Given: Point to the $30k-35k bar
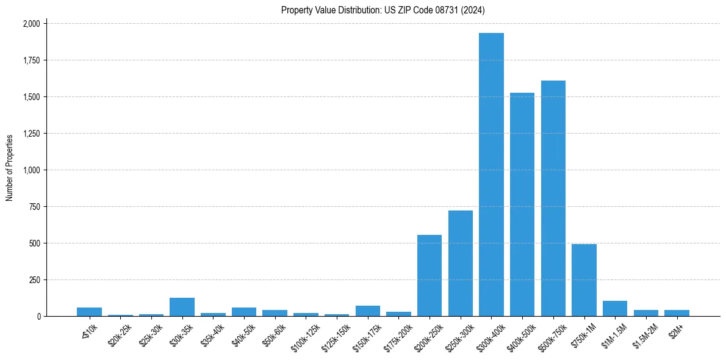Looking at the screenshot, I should pos(182,307).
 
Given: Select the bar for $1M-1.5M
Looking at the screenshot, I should pos(615,309).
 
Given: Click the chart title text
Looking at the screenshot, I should pos(383,10).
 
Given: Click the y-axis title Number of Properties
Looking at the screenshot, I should pos(10,168).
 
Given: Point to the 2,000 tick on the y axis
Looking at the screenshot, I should pos(31,24).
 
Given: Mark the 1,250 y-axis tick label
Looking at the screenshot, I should pos(31,134).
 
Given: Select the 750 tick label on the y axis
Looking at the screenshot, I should pos(35,207).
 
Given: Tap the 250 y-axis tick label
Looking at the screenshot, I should pos(35,280).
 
